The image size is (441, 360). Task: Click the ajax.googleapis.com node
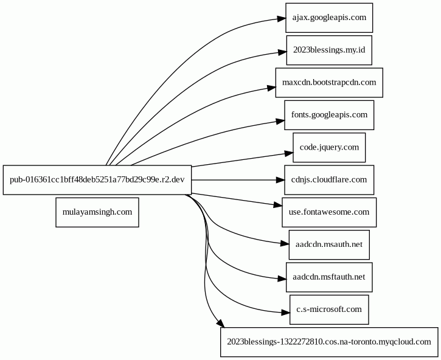(329, 18)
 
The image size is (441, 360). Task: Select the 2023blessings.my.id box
(329, 50)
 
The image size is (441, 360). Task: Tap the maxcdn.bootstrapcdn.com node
(329, 83)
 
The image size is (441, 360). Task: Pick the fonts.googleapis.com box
(329, 115)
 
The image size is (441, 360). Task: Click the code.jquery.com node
(329, 147)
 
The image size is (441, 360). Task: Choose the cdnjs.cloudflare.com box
(329, 180)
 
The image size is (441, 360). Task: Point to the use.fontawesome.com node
(329, 212)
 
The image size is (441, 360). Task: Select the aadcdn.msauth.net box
(329, 244)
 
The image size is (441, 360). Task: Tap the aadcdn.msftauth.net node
(329, 277)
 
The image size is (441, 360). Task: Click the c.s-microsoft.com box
(329, 310)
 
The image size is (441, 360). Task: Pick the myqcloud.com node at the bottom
(329, 342)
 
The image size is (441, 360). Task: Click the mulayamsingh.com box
(97, 212)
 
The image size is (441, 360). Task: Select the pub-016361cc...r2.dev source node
(97, 180)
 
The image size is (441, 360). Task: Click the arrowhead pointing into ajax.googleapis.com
(281, 19)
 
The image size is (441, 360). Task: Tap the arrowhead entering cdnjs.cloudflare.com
(280, 180)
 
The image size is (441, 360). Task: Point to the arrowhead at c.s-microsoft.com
(285, 313)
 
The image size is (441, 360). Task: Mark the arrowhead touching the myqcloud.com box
(220, 324)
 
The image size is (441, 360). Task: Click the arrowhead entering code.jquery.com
(288, 153)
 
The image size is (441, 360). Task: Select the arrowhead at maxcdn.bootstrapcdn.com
(271, 88)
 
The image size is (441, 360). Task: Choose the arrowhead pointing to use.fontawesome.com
(278, 205)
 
